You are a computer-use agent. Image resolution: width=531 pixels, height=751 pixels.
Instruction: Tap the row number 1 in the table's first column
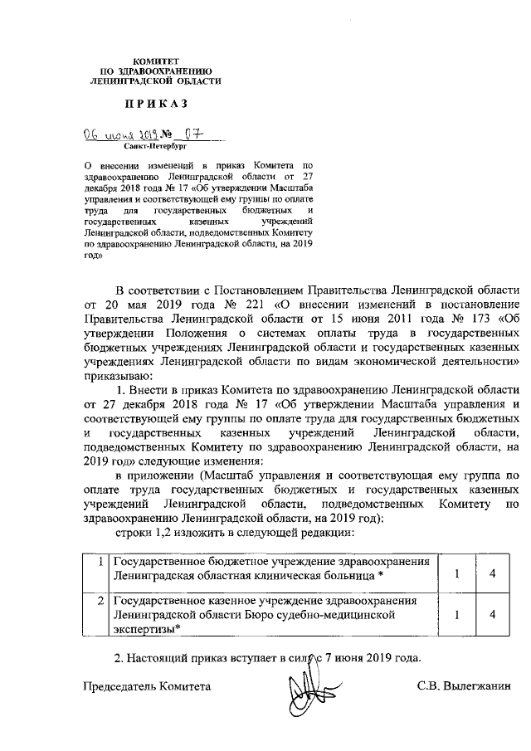(100, 561)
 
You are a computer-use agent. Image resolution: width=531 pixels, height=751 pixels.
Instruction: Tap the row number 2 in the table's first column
(100, 599)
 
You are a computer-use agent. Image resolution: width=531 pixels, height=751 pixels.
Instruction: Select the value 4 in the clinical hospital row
(492, 574)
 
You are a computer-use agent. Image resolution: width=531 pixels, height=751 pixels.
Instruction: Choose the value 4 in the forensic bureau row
(492, 615)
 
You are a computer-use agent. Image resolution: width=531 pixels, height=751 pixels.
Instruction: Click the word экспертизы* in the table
(148, 630)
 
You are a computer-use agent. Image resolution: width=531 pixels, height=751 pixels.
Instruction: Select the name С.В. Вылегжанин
(465, 687)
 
